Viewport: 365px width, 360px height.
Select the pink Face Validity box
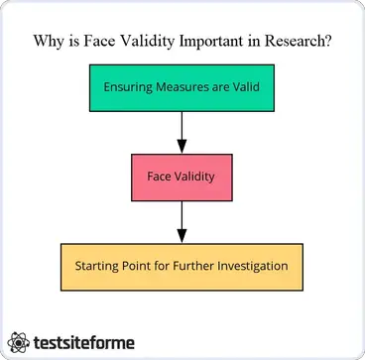coord(182,178)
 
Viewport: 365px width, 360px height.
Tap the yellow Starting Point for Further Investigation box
coord(181,266)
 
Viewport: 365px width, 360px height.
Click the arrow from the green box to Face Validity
coord(182,132)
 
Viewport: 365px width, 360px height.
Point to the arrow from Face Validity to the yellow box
coord(182,221)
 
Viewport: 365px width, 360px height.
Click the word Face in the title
coord(101,42)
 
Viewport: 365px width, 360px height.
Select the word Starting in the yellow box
coord(97,266)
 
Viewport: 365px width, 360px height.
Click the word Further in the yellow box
coord(187,266)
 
